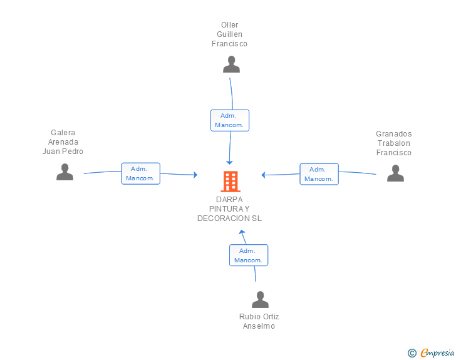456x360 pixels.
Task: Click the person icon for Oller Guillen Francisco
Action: [x=232, y=64]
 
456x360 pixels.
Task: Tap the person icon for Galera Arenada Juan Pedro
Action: [x=65, y=172]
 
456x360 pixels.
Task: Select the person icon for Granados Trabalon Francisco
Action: [x=395, y=173]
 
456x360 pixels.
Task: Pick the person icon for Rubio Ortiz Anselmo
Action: [x=261, y=299]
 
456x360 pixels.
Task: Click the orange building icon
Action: [x=231, y=182]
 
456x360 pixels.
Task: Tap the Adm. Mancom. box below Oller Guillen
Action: [x=230, y=120]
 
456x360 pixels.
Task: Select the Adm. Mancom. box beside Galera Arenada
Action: [x=141, y=173]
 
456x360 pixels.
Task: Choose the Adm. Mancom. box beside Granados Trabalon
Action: [x=319, y=174]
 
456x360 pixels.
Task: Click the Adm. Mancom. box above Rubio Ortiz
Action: [x=249, y=255]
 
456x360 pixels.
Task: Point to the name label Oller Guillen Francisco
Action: [x=229, y=34]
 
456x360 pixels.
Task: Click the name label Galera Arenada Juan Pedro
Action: [x=63, y=142]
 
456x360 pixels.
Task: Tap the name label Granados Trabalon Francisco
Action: [x=394, y=143]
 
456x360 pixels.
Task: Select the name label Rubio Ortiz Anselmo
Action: [x=259, y=321]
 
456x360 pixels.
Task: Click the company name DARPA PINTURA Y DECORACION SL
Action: [x=229, y=208]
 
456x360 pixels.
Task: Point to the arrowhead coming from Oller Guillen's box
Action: [x=229, y=162]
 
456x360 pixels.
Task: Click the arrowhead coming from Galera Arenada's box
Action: [x=195, y=175]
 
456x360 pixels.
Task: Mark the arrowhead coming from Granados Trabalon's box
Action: [x=264, y=175]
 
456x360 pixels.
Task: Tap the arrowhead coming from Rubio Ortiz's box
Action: [x=242, y=232]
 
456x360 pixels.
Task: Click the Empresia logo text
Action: [x=437, y=352]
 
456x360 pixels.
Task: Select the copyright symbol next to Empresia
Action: [x=412, y=353]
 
